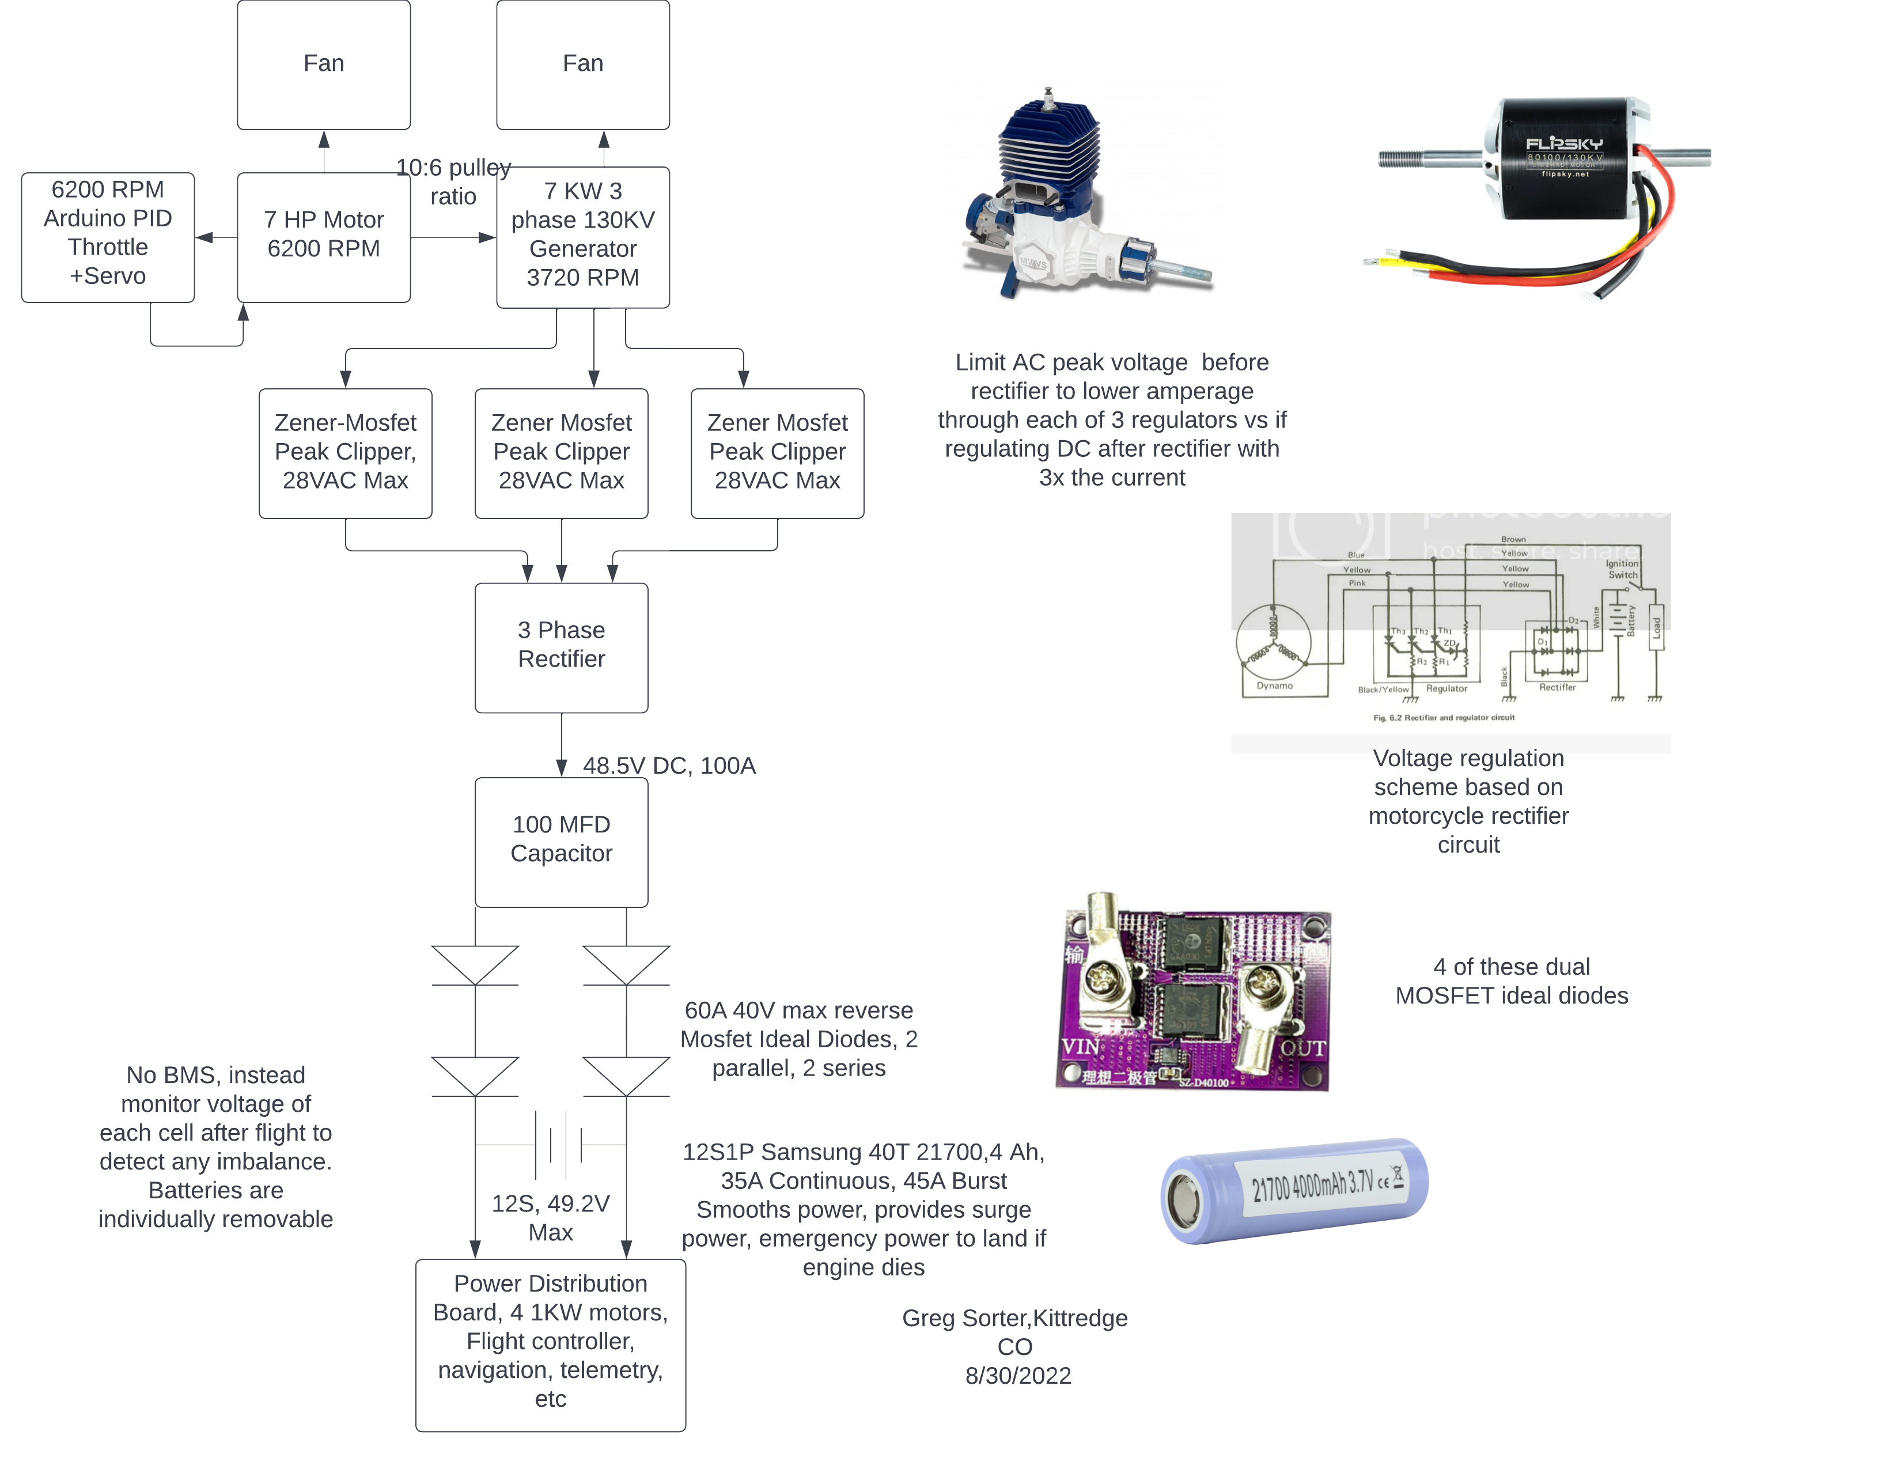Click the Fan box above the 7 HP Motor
tap(323, 65)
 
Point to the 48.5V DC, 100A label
tap(668, 766)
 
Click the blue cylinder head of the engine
tap(1049, 139)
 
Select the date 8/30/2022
tap(1017, 1376)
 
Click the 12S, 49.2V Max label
tap(550, 1217)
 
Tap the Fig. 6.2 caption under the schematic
tap(1443, 718)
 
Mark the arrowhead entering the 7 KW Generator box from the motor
tap(487, 237)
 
